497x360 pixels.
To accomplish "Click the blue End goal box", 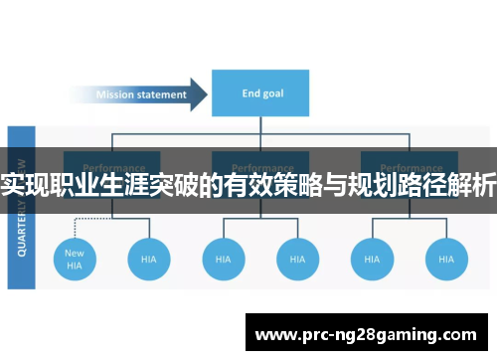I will [x=261, y=94].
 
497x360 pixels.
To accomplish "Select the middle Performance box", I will [x=261, y=164].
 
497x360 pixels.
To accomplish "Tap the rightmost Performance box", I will [x=410, y=164].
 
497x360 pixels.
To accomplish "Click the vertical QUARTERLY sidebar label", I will [x=22, y=209].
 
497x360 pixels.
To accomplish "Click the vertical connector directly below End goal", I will [x=261, y=126].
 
